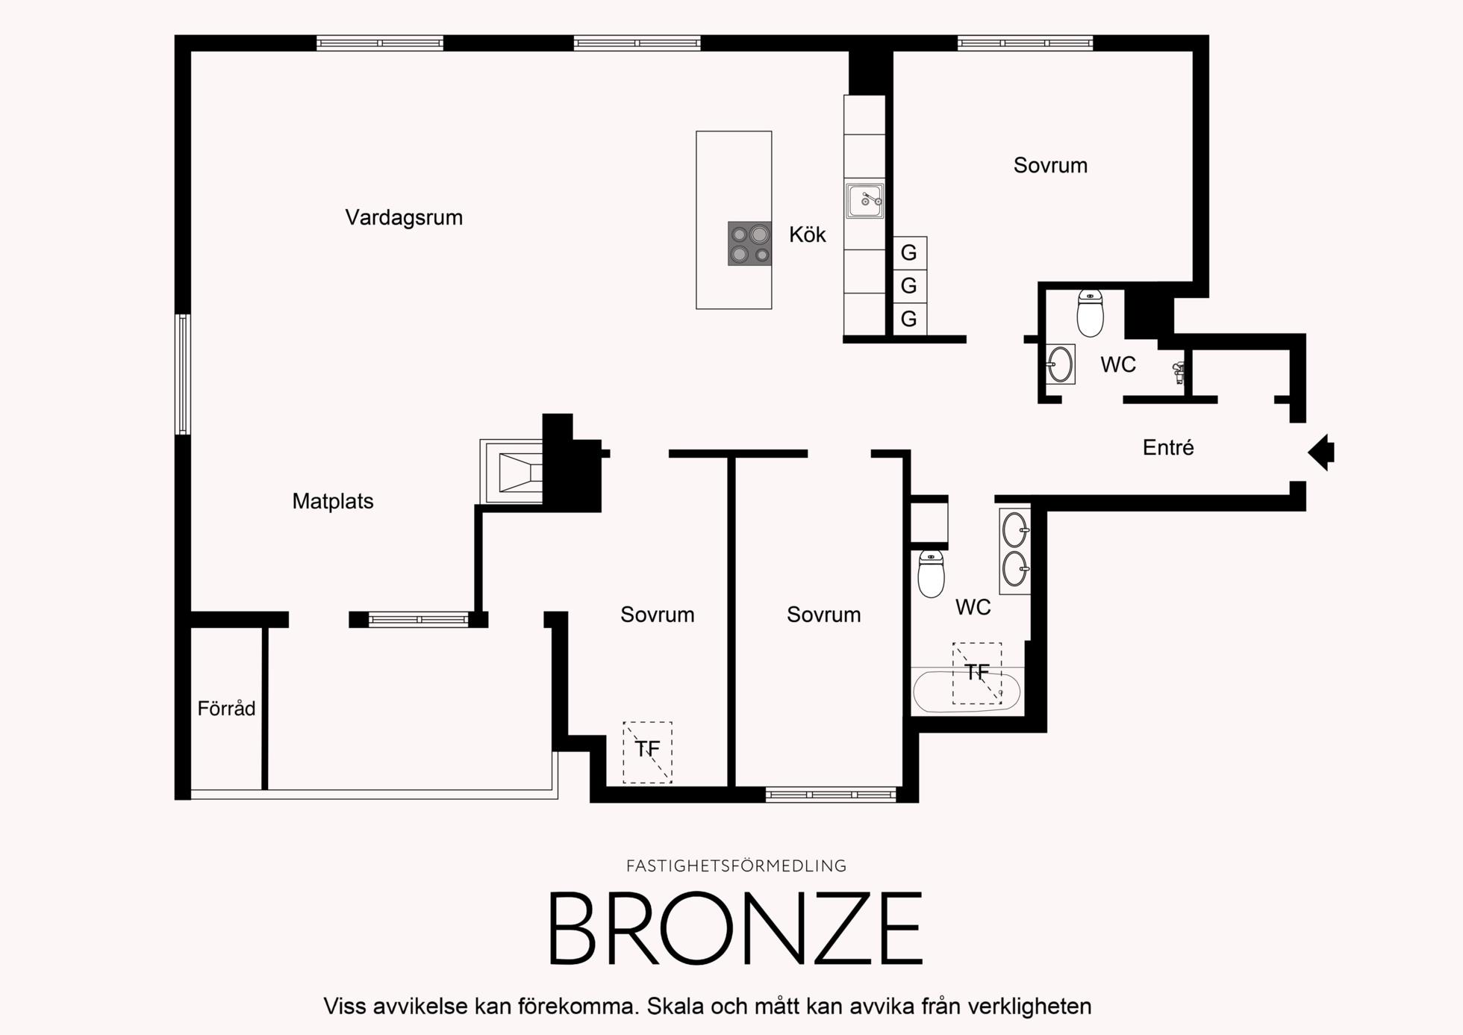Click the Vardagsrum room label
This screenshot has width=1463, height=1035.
click(404, 217)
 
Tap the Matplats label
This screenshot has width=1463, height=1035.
click(333, 501)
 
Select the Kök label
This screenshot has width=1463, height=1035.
click(808, 234)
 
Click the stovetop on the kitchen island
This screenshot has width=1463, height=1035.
click(750, 243)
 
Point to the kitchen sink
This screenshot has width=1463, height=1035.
click(864, 200)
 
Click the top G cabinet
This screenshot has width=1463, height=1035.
click(910, 252)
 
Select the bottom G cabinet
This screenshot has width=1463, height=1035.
click(910, 319)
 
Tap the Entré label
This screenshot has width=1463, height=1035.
click(1168, 447)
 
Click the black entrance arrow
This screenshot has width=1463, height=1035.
click(1321, 452)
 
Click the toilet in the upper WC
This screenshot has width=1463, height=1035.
click(1091, 314)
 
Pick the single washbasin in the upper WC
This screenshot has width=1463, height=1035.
click(1060, 364)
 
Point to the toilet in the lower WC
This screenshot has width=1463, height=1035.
click(931, 574)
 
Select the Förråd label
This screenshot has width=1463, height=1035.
click(226, 708)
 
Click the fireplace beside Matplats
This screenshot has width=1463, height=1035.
click(512, 471)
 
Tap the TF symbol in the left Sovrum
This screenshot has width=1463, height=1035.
click(648, 752)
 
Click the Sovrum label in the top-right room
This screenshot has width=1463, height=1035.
click(1050, 165)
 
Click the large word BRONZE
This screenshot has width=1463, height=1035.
click(736, 928)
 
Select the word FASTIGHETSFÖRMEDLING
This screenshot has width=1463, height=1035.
click(736, 865)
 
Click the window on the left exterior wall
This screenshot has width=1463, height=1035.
click(183, 374)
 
